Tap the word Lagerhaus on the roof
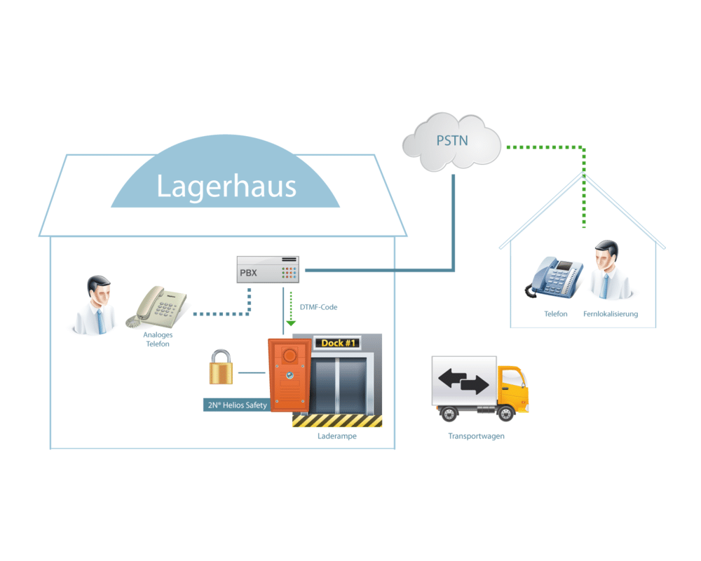click(226, 186)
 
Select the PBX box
click(268, 269)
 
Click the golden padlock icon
click(221, 367)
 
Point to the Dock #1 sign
click(338, 343)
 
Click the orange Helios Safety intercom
click(290, 375)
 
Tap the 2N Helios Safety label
click(238, 405)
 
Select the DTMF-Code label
click(318, 307)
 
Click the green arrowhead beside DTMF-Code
click(291, 323)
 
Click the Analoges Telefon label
click(158, 339)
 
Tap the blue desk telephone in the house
click(554, 278)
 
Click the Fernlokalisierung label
click(611, 314)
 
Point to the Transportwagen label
click(476, 436)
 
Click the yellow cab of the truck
click(512, 386)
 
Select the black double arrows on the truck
click(463, 381)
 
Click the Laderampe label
click(337, 436)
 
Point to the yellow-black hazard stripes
click(337, 421)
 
